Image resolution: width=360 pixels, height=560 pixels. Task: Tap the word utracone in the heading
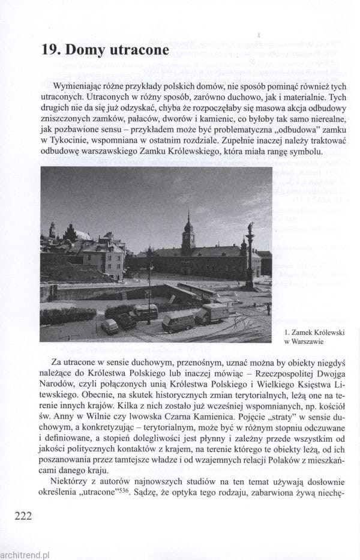pyautogui.click(x=140, y=50)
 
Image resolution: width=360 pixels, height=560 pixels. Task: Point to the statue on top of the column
pyautogui.click(x=250, y=229)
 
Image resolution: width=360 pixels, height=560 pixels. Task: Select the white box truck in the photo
pyautogui.click(x=214, y=312)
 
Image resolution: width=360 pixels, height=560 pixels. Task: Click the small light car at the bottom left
pyautogui.click(x=110, y=326)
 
